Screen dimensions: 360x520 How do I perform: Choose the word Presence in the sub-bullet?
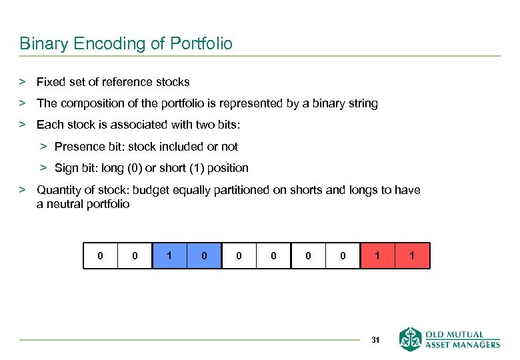point(79,147)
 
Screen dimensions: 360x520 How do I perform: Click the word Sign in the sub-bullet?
point(67,168)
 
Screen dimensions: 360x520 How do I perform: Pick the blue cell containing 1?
point(169,255)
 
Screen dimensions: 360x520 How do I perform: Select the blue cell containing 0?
point(204,255)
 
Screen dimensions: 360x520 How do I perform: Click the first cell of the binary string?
point(100,255)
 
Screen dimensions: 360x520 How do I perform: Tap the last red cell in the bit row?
point(412,255)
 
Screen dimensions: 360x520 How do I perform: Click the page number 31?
point(375,340)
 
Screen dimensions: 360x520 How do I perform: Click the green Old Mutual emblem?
point(411,339)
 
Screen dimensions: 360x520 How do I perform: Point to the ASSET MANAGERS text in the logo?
point(463,345)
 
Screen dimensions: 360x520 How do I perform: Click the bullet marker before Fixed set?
point(22,82)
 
